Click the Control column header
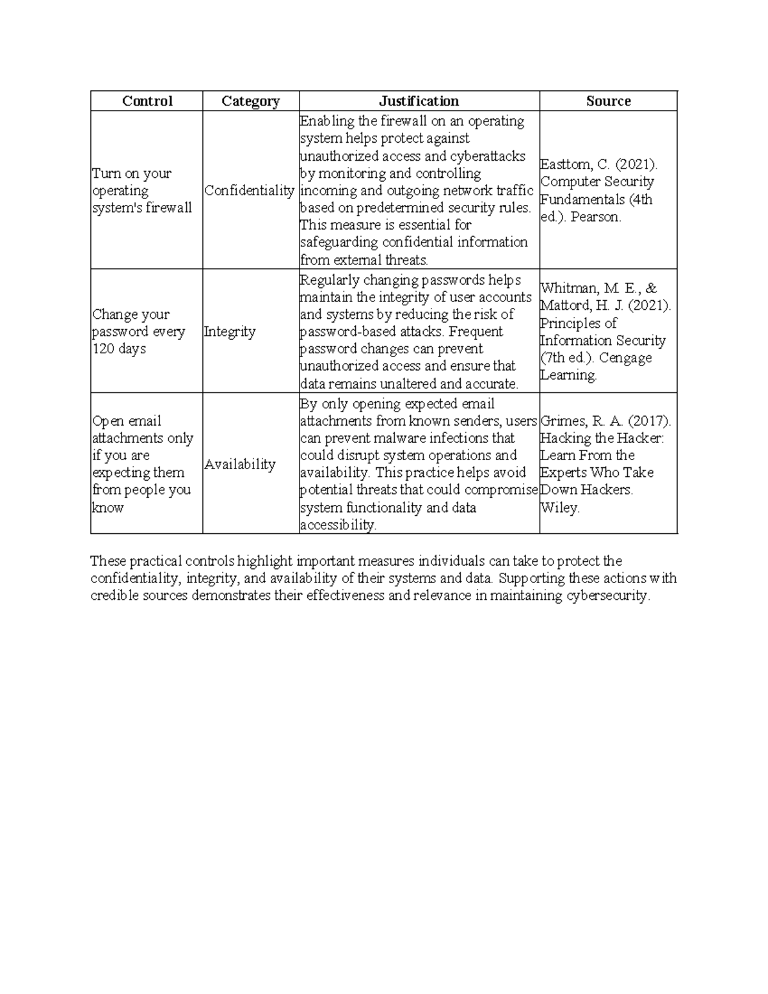(147, 101)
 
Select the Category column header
(250, 101)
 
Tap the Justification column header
(419, 101)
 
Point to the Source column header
(608, 101)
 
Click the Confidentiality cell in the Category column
(249, 191)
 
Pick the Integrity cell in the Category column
(229, 332)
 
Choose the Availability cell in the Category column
(239, 465)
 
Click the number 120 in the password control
(103, 349)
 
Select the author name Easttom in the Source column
(566, 164)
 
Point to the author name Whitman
(569, 289)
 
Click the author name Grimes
(563, 421)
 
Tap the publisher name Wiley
(559, 508)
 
